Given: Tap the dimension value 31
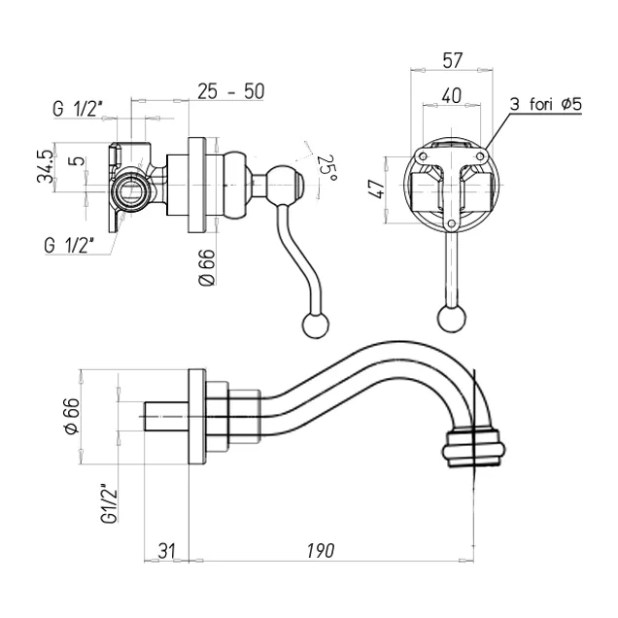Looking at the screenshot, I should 166,551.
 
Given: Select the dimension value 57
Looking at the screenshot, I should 451,60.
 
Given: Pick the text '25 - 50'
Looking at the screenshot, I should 231,91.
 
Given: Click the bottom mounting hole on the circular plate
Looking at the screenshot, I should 451,226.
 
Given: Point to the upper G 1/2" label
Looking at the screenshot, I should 82,110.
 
